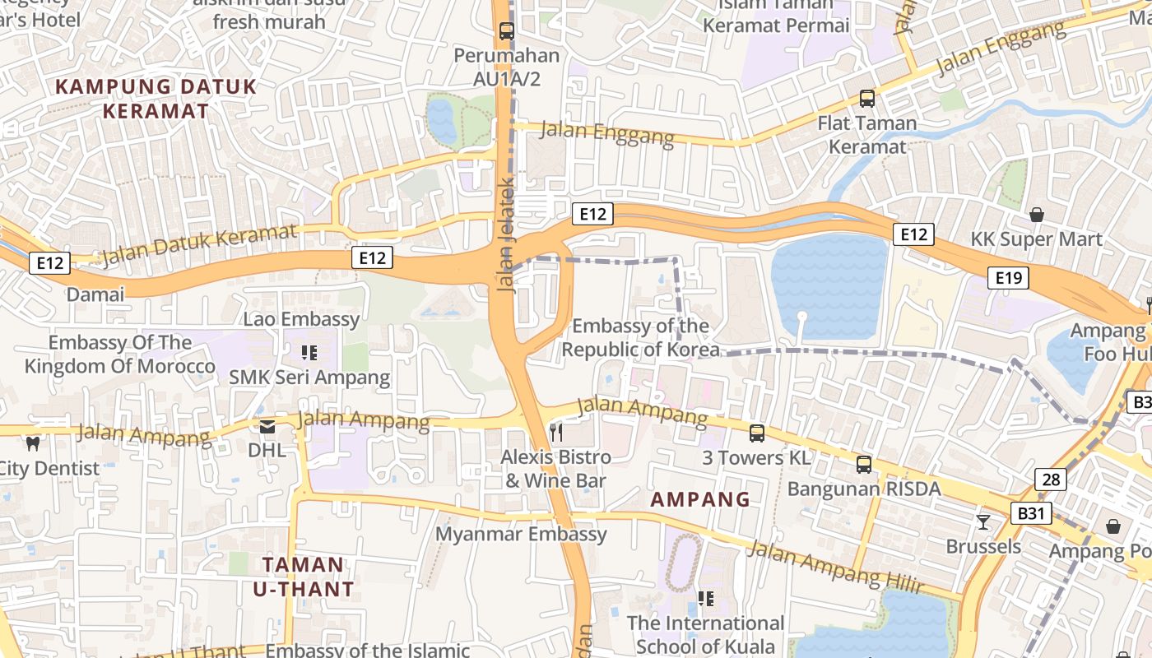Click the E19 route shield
(1008, 278)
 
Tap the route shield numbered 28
(1050, 480)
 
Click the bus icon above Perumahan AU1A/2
(507, 32)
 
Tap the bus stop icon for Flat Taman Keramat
(866, 99)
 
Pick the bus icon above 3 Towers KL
(757, 433)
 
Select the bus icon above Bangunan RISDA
(864, 464)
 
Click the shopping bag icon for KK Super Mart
(1036, 215)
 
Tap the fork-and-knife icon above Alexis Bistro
(557, 432)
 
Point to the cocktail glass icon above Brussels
(983, 521)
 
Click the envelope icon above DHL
(267, 426)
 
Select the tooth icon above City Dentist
(33, 443)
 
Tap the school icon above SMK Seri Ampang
(309, 353)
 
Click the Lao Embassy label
(301, 319)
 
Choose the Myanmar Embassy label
(521, 534)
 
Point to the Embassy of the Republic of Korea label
(640, 338)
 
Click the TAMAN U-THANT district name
(304, 577)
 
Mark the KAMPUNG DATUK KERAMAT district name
(156, 99)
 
